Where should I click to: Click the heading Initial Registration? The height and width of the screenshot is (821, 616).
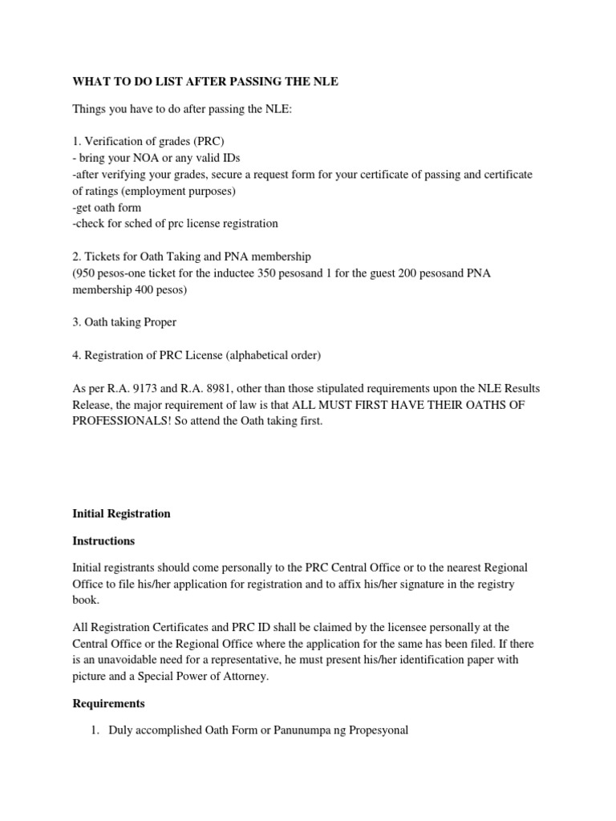tap(122, 514)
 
